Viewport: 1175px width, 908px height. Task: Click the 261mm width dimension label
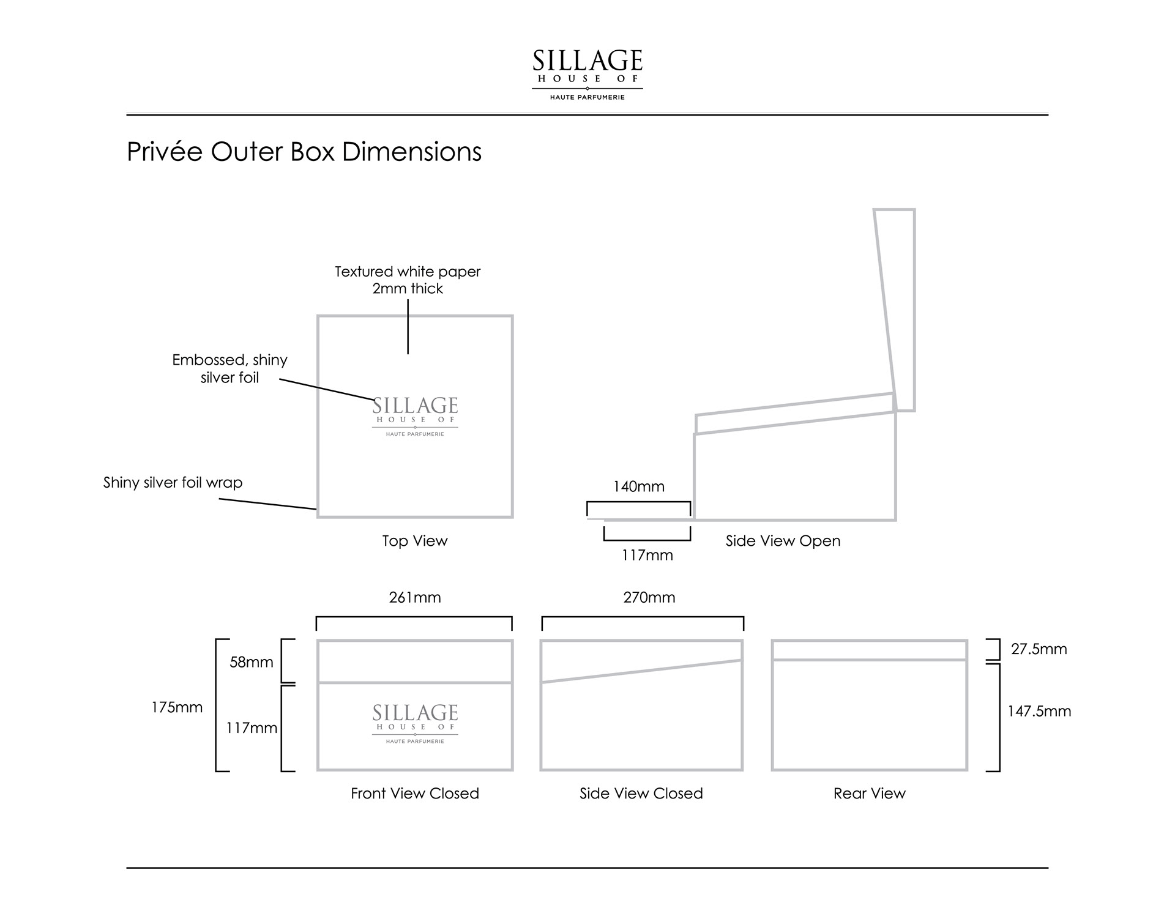(x=414, y=597)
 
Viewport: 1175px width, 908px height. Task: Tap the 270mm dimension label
(x=649, y=597)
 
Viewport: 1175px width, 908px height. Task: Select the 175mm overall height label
(x=177, y=707)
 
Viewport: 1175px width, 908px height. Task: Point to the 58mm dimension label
(x=251, y=662)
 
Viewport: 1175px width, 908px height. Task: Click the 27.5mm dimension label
(x=1039, y=649)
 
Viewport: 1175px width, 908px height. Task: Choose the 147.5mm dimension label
(x=1039, y=711)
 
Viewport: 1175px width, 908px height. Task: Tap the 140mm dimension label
(x=638, y=486)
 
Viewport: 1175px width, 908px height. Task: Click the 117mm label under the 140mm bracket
(x=647, y=555)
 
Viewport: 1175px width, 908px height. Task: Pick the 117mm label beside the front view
(x=252, y=728)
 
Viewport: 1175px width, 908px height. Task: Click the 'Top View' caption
(x=414, y=541)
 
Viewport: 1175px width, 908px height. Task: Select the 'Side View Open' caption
(x=783, y=541)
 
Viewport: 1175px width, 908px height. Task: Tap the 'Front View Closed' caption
(x=414, y=794)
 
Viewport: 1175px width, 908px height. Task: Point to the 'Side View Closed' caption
(x=641, y=794)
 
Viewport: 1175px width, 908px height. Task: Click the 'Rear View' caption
(x=869, y=794)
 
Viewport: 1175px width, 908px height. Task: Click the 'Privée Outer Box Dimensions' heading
(x=304, y=152)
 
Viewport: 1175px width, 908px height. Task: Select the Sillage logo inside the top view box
(x=415, y=417)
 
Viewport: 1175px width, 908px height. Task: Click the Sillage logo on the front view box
(x=415, y=724)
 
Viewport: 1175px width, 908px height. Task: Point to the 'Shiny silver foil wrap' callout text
(x=173, y=483)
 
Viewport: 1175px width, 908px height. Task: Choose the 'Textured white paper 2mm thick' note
(x=408, y=280)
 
